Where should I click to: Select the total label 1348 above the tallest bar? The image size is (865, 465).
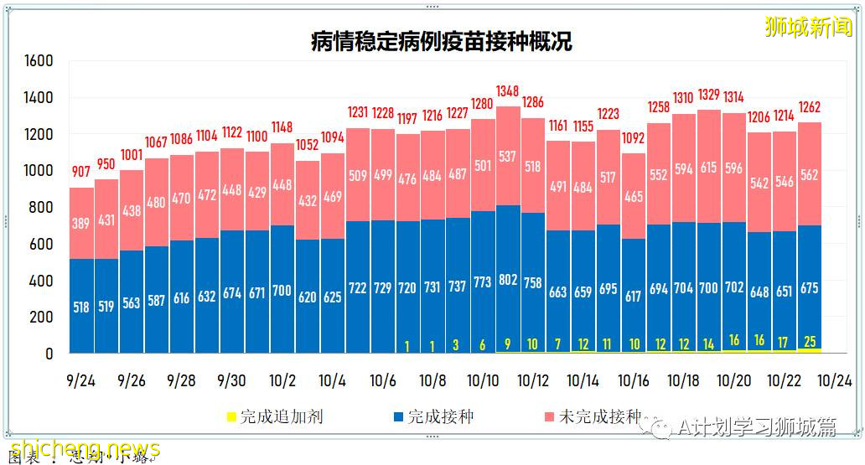point(508,90)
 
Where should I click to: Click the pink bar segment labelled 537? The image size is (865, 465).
point(508,156)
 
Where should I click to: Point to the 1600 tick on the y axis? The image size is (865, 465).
point(39,61)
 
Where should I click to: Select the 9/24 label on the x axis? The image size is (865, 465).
point(80,380)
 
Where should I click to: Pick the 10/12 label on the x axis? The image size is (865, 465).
point(533,380)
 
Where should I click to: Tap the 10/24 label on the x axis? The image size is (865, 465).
point(835,380)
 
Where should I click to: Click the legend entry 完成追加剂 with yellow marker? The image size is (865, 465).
point(276,416)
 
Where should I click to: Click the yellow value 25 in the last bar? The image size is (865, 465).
point(810,341)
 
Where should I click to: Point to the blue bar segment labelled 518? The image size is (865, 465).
point(81,307)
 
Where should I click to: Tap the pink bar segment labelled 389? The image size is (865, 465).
point(81,224)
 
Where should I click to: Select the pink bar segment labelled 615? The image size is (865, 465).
point(709,168)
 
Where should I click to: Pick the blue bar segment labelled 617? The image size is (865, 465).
point(634,297)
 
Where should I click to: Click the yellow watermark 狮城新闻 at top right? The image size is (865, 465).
point(808,27)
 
